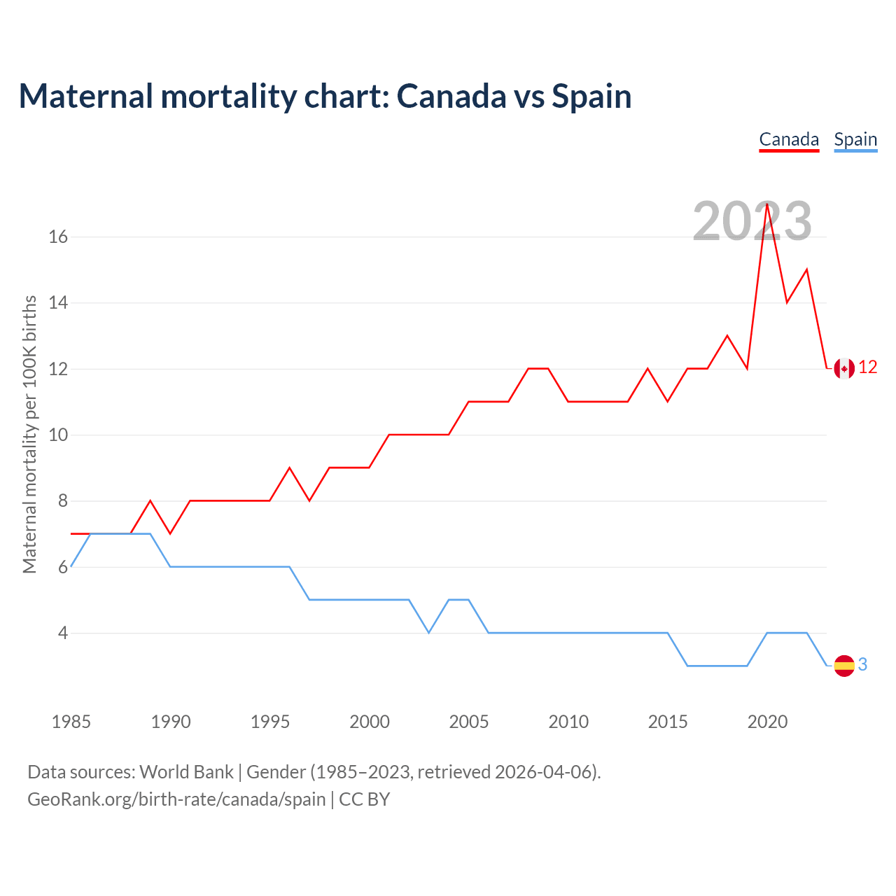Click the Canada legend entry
point(789,139)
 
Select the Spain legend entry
point(855,139)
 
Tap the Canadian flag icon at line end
point(844,367)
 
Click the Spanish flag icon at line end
point(844,665)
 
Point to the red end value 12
point(868,367)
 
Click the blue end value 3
point(862,665)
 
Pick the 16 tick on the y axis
point(58,237)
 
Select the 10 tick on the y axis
point(58,435)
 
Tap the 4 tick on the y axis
point(63,633)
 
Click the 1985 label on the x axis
point(71,722)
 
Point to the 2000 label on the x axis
point(370,722)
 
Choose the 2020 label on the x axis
point(767,722)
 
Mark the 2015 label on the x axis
point(668,722)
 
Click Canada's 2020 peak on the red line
point(767,204)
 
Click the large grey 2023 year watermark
point(752,221)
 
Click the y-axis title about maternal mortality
point(29,434)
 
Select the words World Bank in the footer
point(186,772)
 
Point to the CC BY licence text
point(364,799)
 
